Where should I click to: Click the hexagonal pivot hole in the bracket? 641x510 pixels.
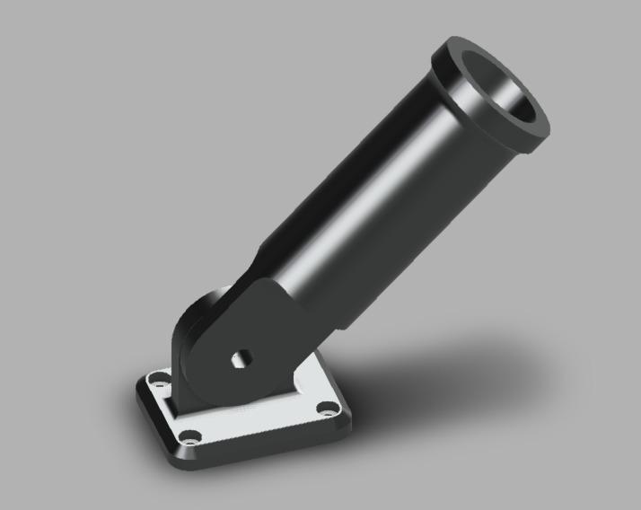pyautogui.click(x=240, y=358)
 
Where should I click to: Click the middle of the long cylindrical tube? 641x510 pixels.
pyautogui.click(x=377, y=189)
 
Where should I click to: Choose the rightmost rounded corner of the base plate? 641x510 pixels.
pyautogui.click(x=346, y=415)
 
